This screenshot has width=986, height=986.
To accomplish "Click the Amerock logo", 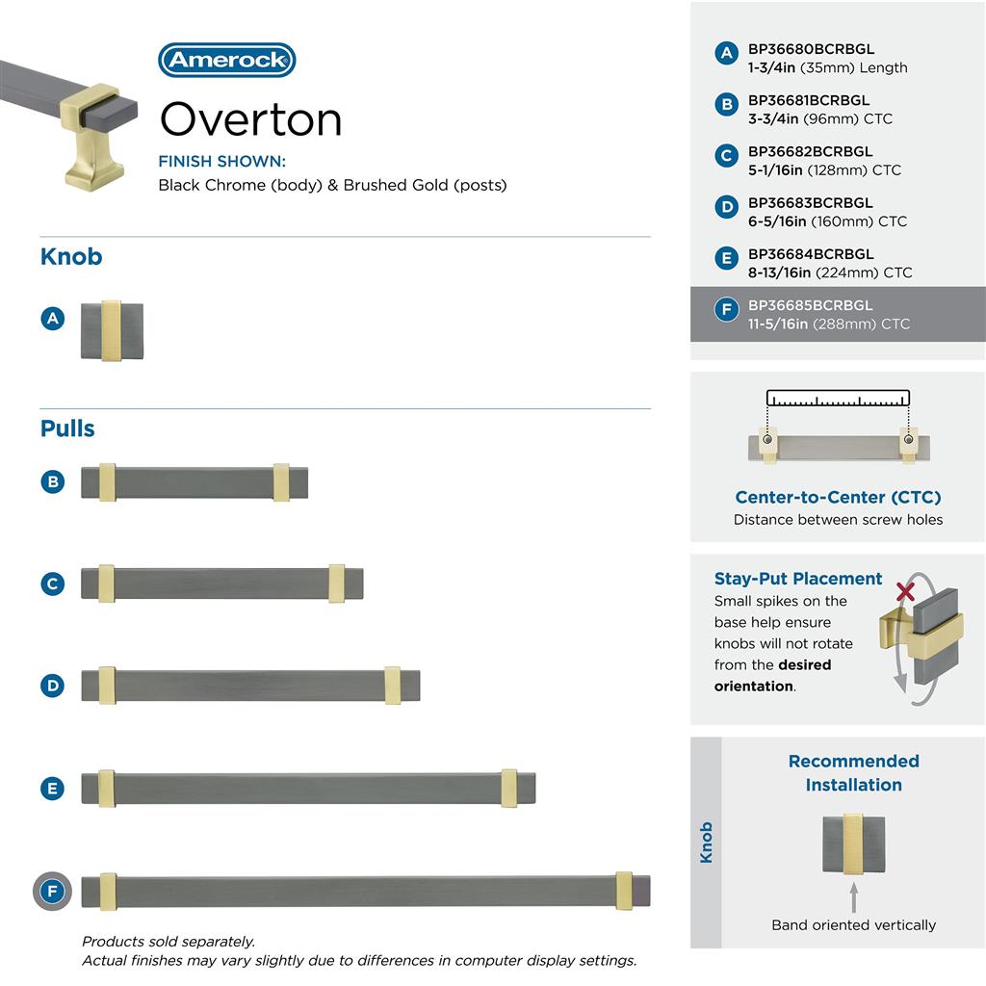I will point(227,60).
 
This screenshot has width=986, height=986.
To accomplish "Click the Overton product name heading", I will point(250,119).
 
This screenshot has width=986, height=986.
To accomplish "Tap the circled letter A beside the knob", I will point(53,318).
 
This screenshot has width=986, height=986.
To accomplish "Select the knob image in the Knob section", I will point(112,331).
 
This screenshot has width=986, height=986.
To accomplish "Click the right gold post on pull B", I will point(281,482).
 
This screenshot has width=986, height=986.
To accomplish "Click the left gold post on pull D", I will point(107,685).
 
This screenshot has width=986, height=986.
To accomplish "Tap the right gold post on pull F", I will point(624,891).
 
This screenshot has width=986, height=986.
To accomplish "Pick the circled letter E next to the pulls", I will point(53,789).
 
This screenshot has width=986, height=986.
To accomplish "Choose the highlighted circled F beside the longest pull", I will point(53,891).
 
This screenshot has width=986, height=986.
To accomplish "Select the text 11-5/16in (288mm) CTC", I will point(828,324).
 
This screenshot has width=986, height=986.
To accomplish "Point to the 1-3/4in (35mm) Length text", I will point(827,67).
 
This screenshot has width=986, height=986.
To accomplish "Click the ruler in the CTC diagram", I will point(838,398).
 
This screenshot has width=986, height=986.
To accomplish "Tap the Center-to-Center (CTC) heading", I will point(838,497).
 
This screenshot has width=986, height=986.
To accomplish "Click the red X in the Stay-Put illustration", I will point(905,590).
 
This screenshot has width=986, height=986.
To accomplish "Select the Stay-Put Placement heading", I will point(798,579).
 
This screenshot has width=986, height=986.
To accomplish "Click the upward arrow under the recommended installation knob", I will point(853,899).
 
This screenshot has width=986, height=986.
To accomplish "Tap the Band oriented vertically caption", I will point(853,924).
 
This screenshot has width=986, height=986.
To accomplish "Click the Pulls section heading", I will point(67,428).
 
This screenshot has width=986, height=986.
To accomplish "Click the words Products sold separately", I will point(169,942).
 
